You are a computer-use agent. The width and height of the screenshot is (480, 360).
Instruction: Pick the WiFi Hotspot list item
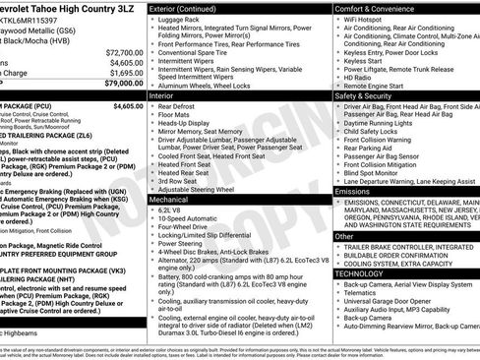(x=366, y=19)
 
